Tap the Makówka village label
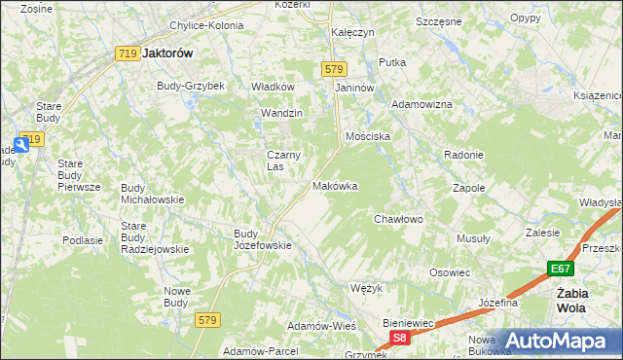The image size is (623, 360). coord(335,186)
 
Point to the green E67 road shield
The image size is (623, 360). coord(559,269)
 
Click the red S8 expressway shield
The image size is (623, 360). coord(399,337)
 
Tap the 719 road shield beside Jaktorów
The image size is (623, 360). coord(126,54)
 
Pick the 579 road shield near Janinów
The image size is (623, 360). coord(334,68)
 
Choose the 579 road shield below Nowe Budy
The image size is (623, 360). coord(205,320)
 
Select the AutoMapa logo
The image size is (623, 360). coord(558,341)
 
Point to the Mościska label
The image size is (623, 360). coord(368,137)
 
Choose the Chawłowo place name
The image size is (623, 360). coord(399,220)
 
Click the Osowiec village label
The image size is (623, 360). coord(450,272)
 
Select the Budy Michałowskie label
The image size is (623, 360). coord(152,193)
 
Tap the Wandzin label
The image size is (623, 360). coord(282,114)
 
